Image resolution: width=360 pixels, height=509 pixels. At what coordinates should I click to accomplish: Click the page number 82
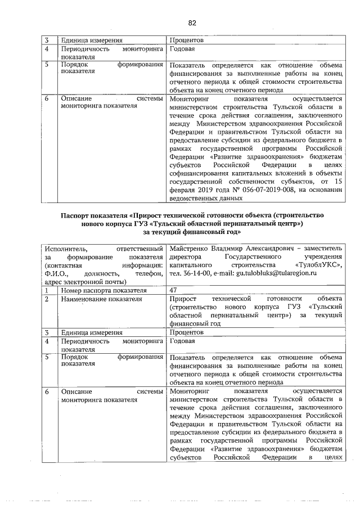click(192, 22)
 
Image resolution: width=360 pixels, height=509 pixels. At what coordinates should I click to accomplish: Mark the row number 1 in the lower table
click(48, 290)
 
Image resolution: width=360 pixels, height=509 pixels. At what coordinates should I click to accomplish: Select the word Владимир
click(231, 249)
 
